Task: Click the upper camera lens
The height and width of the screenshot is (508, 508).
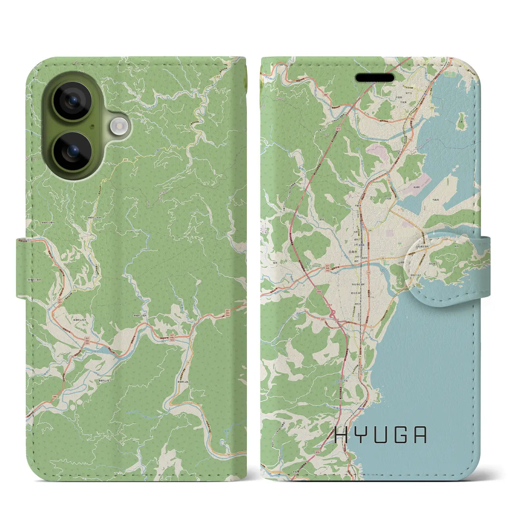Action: (73, 100)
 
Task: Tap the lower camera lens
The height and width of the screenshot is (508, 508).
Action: (73, 151)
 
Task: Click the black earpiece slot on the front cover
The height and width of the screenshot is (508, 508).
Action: (375, 77)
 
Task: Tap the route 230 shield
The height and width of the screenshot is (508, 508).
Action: (369, 231)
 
